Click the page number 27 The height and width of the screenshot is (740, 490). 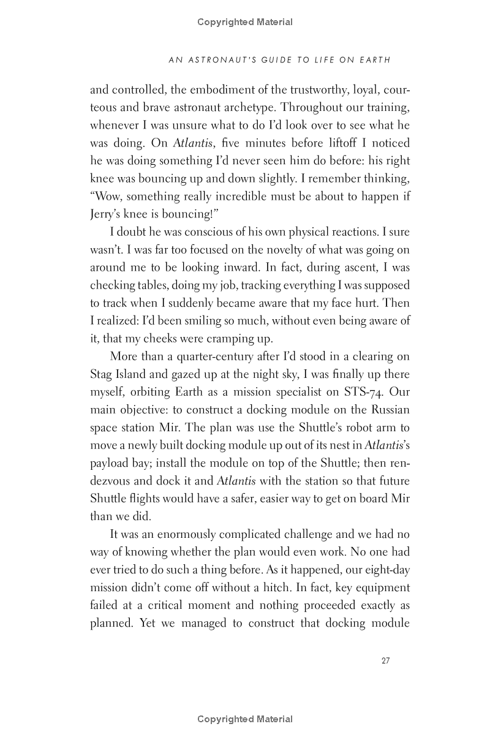[x=385, y=660]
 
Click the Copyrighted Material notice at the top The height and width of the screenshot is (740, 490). [x=245, y=22]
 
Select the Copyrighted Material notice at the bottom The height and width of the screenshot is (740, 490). [x=245, y=719]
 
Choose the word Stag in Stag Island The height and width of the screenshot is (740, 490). [x=102, y=374]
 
